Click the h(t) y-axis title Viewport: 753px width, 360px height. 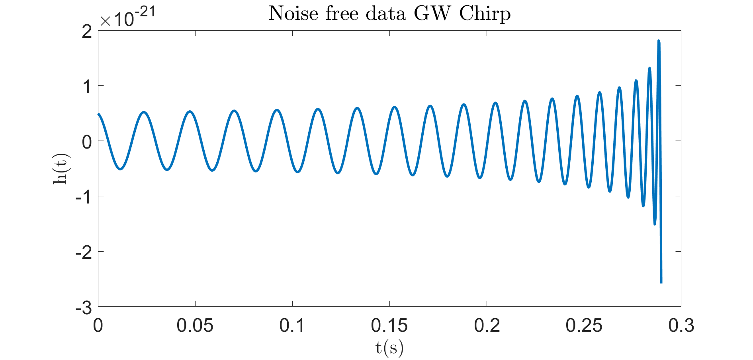tap(61, 168)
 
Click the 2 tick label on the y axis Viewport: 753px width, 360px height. tap(87, 31)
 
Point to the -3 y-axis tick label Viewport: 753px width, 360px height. tap(84, 307)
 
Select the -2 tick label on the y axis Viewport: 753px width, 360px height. tap(84, 252)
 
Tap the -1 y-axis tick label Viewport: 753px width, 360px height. tap(84, 197)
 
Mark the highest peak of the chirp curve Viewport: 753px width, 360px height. tap(659, 41)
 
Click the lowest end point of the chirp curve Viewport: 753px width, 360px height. tap(661, 282)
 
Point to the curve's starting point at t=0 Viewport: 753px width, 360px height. tap(98, 114)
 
